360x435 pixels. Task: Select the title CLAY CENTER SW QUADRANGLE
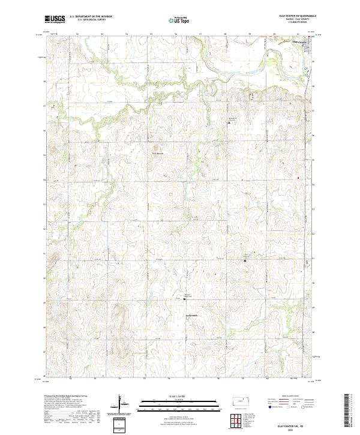pos(295,16)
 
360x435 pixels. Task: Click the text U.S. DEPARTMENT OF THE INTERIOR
pos(91,17)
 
